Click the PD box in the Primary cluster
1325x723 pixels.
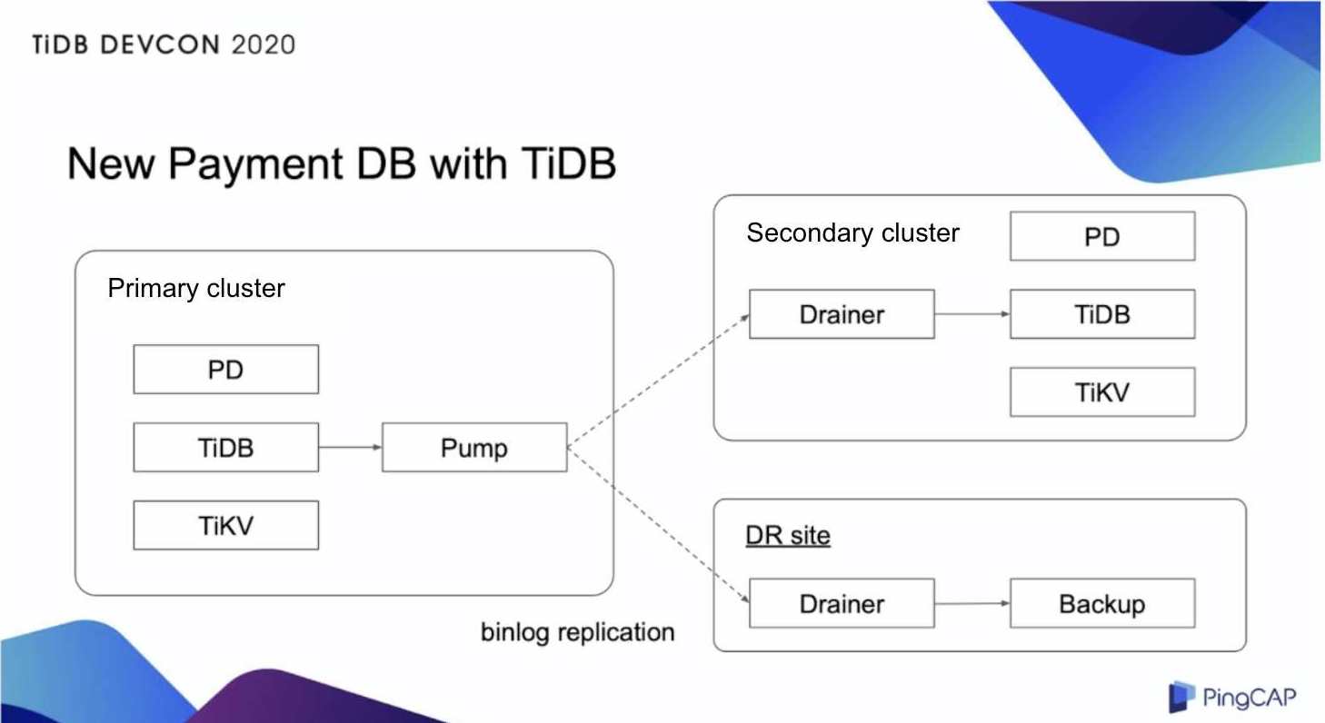click(225, 369)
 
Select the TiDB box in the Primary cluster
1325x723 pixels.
click(225, 447)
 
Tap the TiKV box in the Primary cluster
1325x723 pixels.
click(225, 525)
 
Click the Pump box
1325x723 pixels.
click(474, 447)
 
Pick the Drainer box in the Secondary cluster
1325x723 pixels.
click(842, 314)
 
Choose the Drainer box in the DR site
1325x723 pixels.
click(842, 603)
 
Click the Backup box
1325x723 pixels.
click(1101, 603)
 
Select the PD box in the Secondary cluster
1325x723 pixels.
click(1101, 236)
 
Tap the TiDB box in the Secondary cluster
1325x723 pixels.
click(1101, 314)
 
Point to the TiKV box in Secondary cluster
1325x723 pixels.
click(1101, 392)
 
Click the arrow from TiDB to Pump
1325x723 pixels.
click(350, 447)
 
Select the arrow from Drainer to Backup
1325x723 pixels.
click(971, 603)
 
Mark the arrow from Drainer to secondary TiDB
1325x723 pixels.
click(971, 314)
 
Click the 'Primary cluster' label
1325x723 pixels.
click(196, 289)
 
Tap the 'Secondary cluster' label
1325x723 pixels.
click(852, 233)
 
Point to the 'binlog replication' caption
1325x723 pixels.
click(577, 631)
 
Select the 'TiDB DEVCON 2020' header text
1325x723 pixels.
click(164, 45)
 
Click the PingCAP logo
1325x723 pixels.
click(1232, 698)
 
